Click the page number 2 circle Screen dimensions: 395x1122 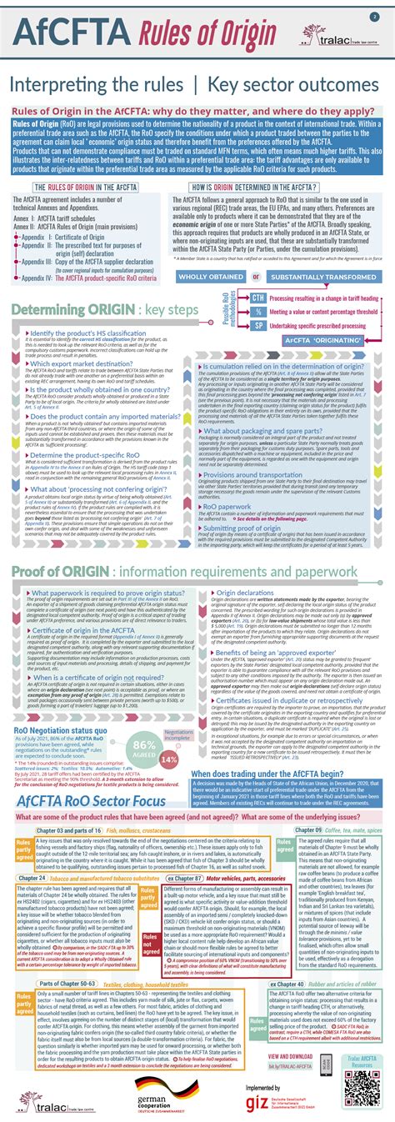[375, 16]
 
